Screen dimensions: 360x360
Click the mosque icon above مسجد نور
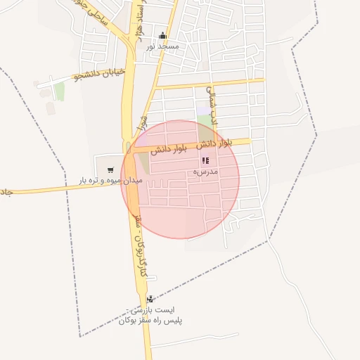[163, 36]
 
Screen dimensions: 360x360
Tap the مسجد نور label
[163, 46]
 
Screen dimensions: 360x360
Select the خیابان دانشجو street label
[100, 72]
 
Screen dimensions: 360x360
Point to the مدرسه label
[205, 172]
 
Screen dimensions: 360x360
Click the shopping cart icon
[110, 169]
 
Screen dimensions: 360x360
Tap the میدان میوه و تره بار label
[111, 181]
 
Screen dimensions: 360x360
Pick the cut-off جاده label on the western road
[6, 192]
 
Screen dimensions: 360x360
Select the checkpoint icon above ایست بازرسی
[150, 299]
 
